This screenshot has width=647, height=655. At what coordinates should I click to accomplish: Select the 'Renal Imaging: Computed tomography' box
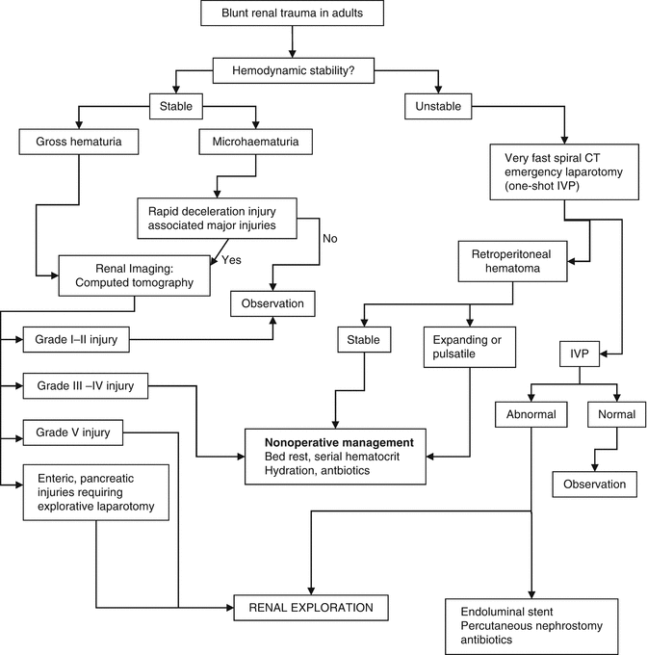134,275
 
